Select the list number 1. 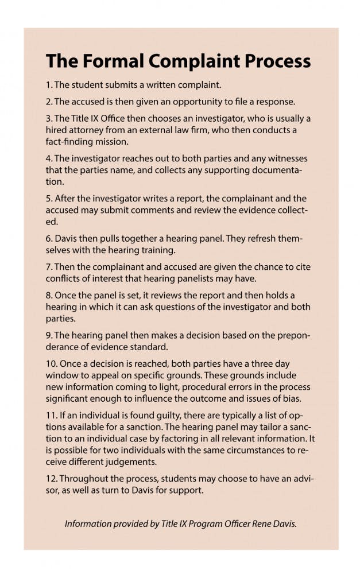(48, 84)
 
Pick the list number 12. (51, 478)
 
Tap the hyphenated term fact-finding (71, 141)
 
